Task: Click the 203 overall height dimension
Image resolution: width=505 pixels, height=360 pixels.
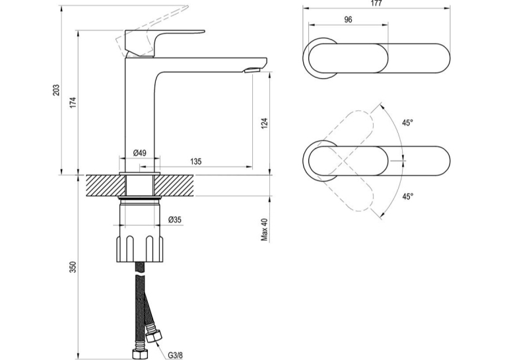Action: coord(56,90)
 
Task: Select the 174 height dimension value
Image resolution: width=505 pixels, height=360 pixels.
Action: coord(73,102)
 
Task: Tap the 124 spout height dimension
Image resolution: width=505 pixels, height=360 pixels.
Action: coord(265,124)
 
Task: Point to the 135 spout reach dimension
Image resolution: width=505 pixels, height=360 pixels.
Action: coord(196,161)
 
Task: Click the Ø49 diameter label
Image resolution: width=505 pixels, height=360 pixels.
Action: coord(139,153)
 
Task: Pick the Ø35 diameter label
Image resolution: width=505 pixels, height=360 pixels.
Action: coord(175,219)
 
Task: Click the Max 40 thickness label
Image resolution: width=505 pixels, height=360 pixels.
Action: coord(265,229)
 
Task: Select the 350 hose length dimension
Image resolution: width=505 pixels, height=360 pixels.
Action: coord(73,267)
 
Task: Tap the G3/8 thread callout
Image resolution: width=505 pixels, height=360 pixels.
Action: coord(175,355)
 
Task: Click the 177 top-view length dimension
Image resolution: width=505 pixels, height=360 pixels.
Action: coord(376,3)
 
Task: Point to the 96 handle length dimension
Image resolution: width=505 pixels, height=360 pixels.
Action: coord(348,20)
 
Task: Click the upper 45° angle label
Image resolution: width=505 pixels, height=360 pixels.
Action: coord(407,123)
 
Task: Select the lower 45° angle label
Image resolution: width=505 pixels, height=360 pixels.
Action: coord(407,196)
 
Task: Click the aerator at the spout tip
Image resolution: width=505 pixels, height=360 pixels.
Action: coord(252,70)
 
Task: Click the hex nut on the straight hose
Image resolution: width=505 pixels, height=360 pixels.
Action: coord(139,353)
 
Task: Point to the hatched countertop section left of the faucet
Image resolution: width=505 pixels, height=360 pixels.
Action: coord(106,186)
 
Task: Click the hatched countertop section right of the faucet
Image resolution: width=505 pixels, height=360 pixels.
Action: coord(174,186)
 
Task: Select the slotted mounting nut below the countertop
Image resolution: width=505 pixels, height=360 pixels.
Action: coord(140,248)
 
